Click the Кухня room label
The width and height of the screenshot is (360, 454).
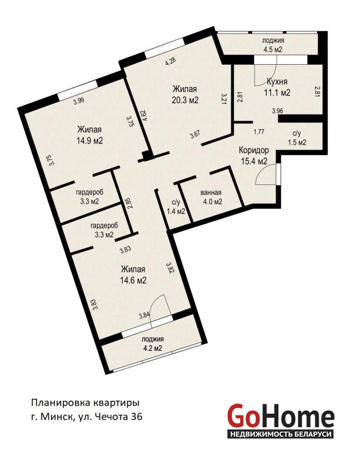coord(277,82)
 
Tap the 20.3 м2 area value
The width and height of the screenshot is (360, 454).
coord(185,100)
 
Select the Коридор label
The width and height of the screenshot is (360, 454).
coord(254,150)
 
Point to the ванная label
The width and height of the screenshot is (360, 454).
coord(211,192)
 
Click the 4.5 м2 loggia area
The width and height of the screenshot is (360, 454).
coord(273,49)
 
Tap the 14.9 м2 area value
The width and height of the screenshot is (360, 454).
coord(90,141)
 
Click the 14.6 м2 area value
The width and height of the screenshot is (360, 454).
coord(133,280)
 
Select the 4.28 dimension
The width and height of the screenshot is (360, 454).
coord(171,62)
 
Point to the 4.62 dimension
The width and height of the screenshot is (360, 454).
coord(145,116)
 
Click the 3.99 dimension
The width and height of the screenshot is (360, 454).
coord(78,101)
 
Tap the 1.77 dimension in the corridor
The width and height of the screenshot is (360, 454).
coord(259,132)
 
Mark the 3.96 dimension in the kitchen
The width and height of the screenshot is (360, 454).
coord(278,110)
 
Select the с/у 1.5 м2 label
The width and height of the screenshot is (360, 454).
coord(297,138)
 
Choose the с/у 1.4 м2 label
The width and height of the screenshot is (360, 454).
coord(176,207)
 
